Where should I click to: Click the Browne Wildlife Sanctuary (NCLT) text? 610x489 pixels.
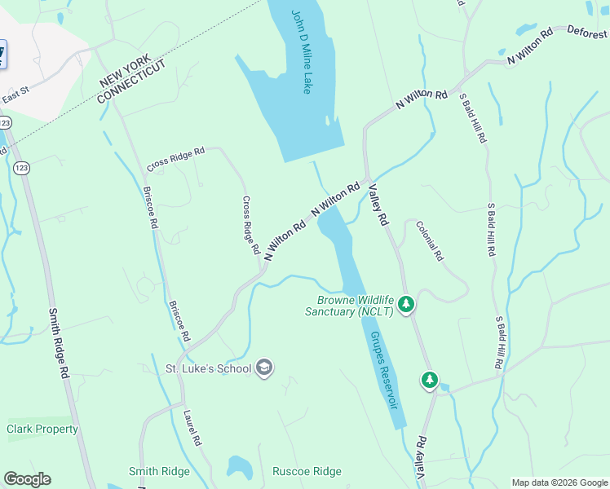[349, 306]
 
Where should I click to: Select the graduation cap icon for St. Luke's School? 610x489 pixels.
[263, 368]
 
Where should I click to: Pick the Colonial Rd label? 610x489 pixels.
[429, 241]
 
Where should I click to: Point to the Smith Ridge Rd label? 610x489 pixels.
[58, 342]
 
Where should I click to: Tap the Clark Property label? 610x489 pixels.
[42, 429]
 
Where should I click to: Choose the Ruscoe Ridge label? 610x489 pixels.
[307, 471]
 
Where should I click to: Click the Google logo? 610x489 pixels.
[27, 479]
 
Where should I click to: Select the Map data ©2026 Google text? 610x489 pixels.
[559, 482]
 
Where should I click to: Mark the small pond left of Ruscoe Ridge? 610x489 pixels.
[239, 468]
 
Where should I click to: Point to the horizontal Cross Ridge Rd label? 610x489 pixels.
[175, 159]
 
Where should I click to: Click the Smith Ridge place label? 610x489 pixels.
[159, 471]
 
